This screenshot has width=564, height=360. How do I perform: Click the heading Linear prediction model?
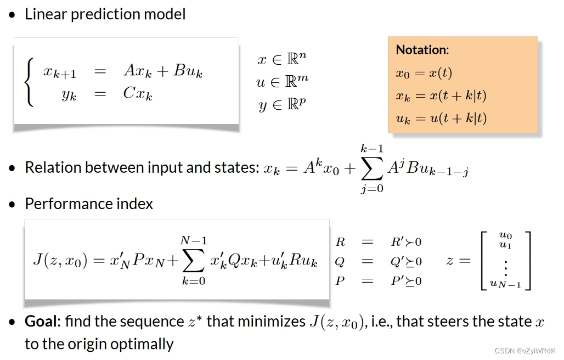pos(105,14)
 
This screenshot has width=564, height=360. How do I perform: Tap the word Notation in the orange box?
pos(421,50)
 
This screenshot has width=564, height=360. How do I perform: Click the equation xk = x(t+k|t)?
pos(441,95)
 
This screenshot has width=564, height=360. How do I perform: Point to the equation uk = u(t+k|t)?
pos(441,117)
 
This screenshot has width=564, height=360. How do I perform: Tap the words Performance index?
pos(89,204)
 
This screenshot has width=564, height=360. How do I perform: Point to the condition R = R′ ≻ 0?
pos(378,242)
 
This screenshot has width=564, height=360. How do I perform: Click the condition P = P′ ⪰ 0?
pos(378,281)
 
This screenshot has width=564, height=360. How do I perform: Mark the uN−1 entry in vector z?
pos(505,284)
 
